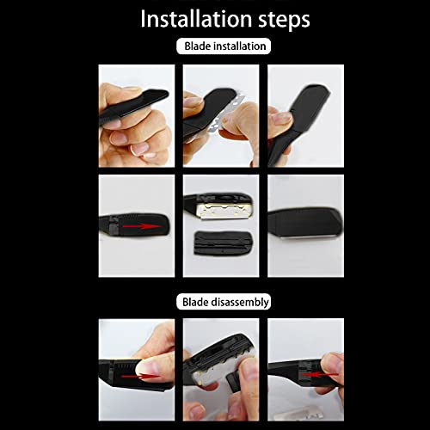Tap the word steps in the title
(x=277, y=20)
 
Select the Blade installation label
(x=223, y=46)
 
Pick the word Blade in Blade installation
(x=197, y=46)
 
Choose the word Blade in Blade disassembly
(x=194, y=302)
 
